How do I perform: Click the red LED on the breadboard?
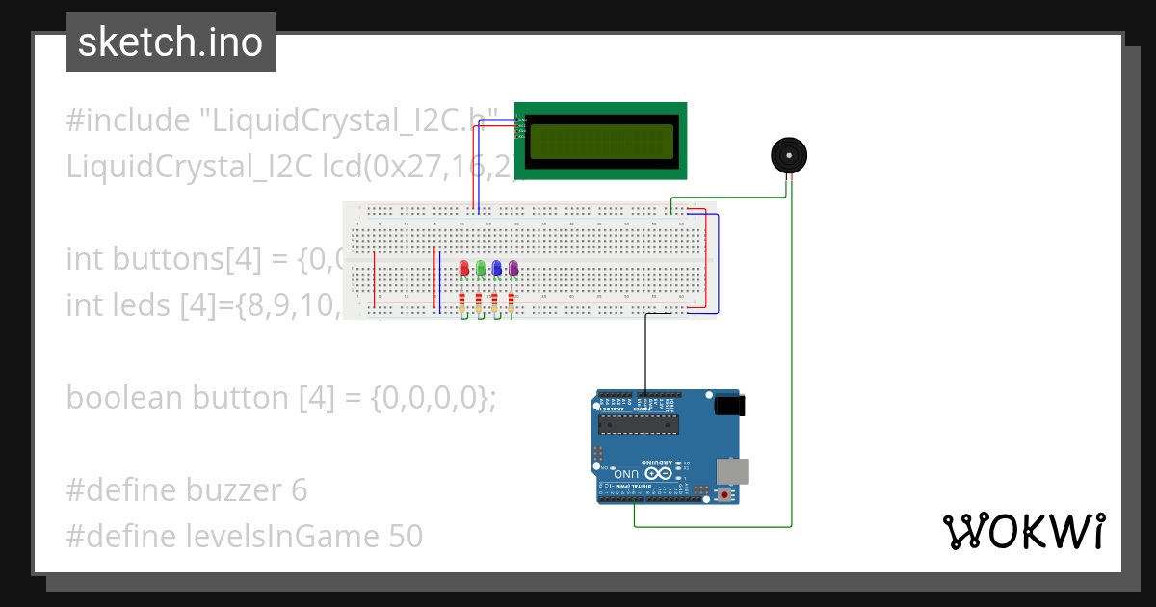464,268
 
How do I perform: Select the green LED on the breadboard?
481,268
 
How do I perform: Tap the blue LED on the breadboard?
497,268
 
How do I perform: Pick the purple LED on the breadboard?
513,268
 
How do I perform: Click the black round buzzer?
789,155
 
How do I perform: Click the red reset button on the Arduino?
724,495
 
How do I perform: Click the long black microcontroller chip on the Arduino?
639,423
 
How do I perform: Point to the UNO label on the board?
627,474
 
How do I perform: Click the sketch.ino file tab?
171,42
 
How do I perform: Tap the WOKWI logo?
1023,532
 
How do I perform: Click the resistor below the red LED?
464,303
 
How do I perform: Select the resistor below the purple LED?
512,303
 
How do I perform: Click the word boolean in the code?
125,398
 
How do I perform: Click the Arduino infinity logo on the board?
661,474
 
